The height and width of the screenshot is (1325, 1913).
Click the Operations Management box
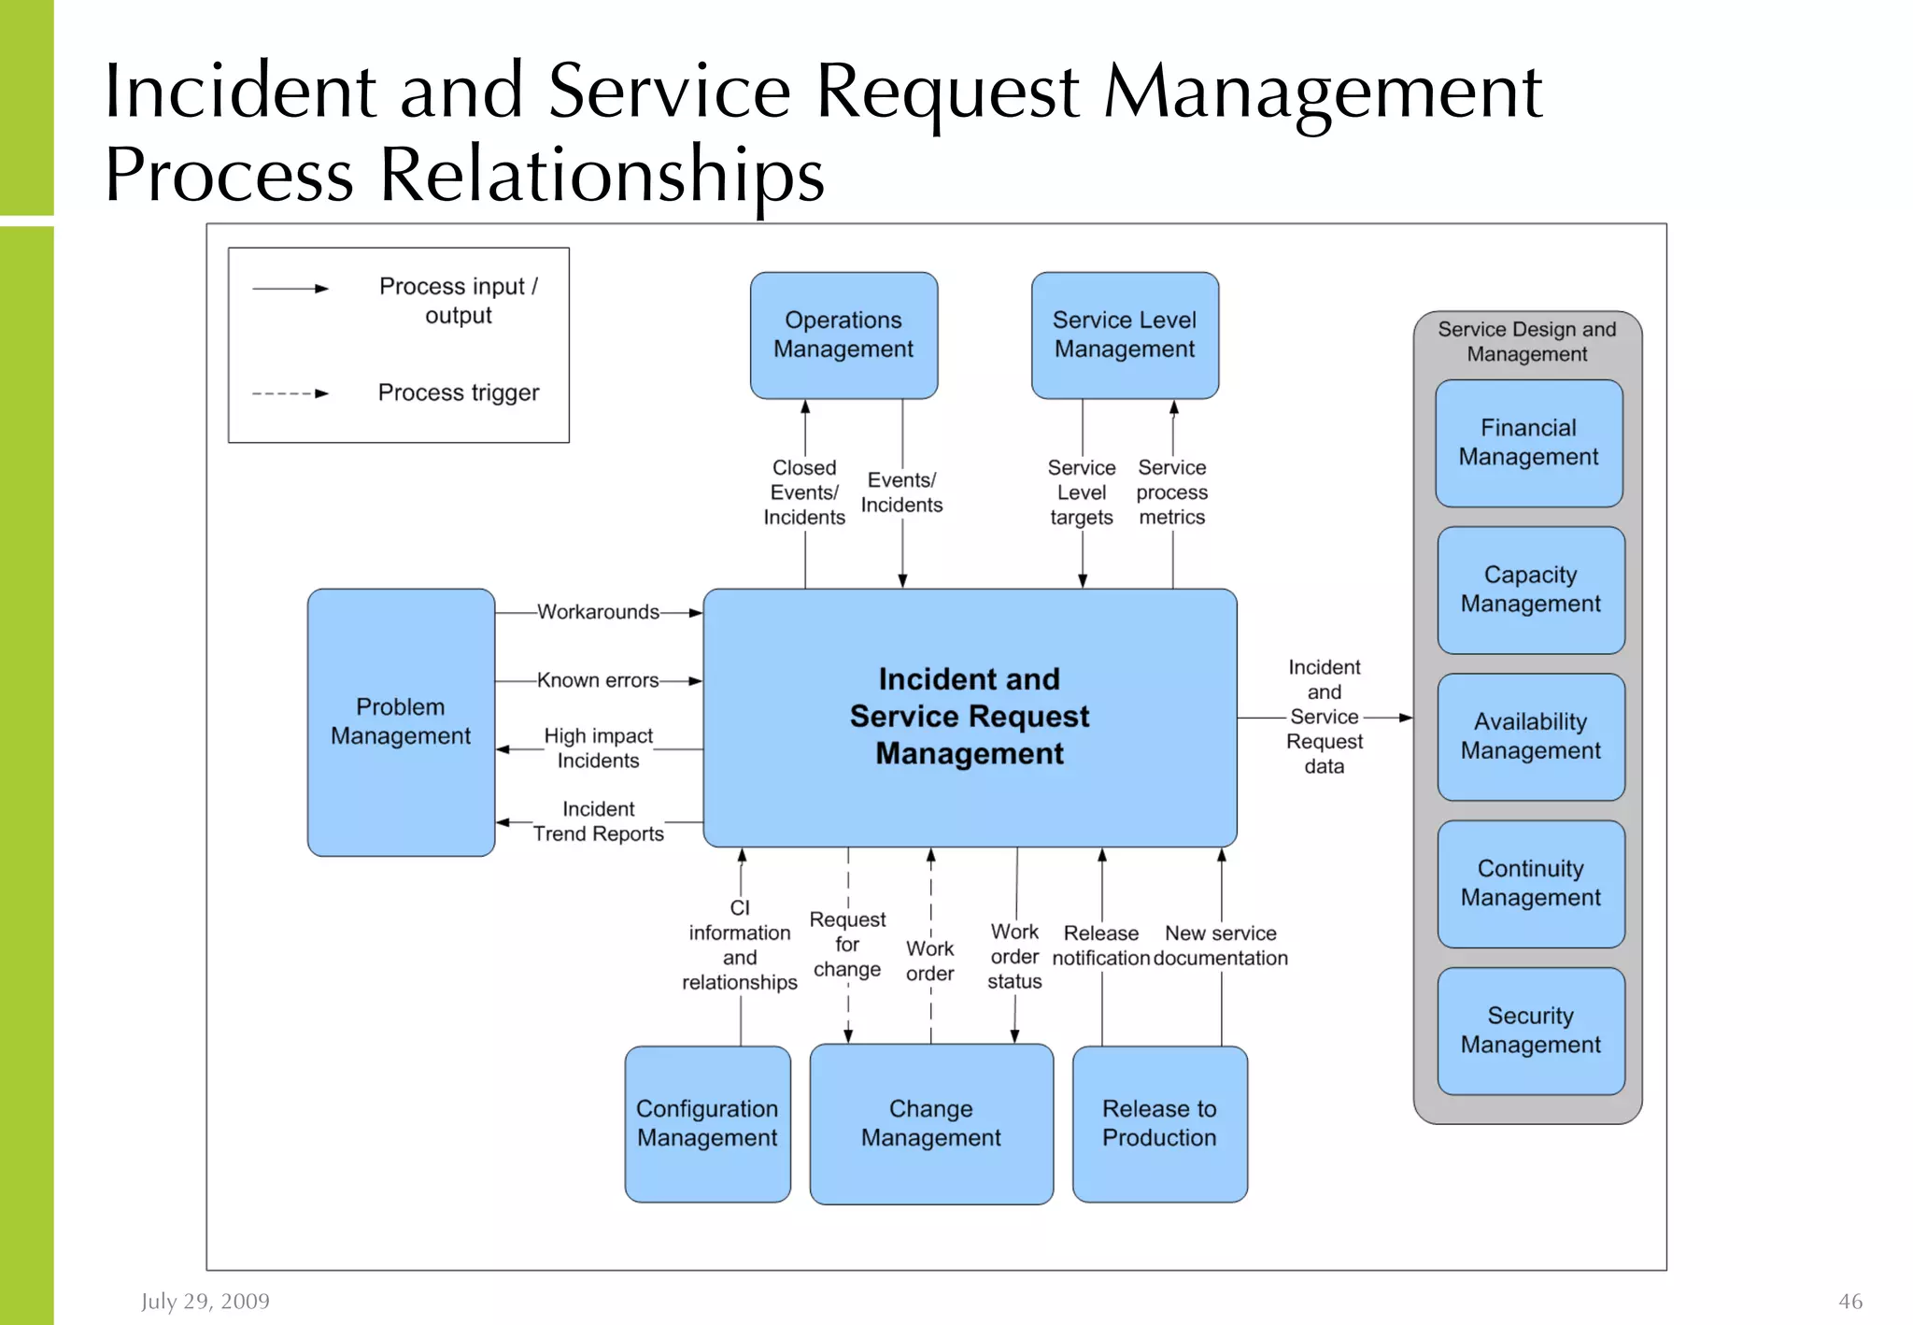pyautogui.click(x=843, y=335)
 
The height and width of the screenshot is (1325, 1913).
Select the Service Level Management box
pyautogui.click(x=1125, y=335)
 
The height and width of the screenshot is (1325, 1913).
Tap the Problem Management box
pyautogui.click(x=401, y=721)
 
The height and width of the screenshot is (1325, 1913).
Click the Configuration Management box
pyautogui.click(x=707, y=1123)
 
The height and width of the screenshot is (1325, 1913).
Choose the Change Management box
pyautogui.click(x=931, y=1123)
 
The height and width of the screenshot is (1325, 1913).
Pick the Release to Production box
pyautogui.click(x=1159, y=1123)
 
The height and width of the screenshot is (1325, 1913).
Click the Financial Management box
pyautogui.click(x=1528, y=443)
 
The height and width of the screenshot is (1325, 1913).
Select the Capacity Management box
pyautogui.click(x=1530, y=590)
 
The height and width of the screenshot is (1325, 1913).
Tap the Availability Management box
pyautogui.click(x=1530, y=736)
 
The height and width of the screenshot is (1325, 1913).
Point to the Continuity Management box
pyautogui.click(x=1530, y=883)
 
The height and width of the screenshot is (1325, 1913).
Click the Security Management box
pyautogui.click(x=1530, y=1030)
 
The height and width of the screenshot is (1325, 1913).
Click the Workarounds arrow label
pyautogui.click(x=598, y=612)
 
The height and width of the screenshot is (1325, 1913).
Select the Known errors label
pyautogui.click(x=598, y=680)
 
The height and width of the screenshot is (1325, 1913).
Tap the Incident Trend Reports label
pyautogui.click(x=598, y=821)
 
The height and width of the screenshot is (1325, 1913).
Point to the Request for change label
pyautogui.click(x=847, y=944)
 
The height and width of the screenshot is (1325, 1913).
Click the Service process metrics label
pyautogui.click(x=1172, y=492)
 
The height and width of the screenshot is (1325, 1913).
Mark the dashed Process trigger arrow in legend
pyautogui.click(x=290, y=393)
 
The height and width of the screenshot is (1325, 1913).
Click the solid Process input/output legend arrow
pyautogui.click(x=290, y=289)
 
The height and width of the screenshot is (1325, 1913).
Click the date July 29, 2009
pyautogui.click(x=205, y=1301)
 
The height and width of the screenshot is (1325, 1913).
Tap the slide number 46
pyautogui.click(x=1849, y=1301)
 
